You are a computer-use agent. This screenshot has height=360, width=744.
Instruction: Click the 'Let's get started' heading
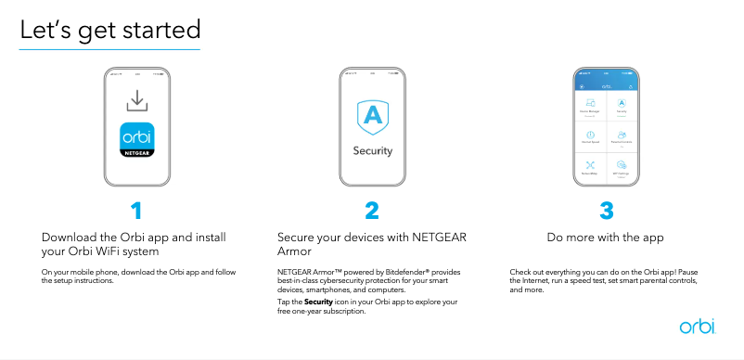[109, 31]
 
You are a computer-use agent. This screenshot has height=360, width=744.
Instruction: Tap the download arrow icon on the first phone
[137, 99]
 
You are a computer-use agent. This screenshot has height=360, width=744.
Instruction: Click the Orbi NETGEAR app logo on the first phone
[137, 140]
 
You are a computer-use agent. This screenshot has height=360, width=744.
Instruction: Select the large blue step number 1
[137, 211]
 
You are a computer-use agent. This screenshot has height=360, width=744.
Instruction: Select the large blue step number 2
[372, 211]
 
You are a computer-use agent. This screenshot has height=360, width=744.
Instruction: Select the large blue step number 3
[607, 211]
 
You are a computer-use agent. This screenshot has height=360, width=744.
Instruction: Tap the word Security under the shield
[372, 150]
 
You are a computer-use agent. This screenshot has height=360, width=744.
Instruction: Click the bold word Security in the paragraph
[319, 302]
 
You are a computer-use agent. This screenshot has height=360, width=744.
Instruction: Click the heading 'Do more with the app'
[606, 238]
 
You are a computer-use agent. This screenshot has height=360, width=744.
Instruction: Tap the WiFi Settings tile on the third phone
[622, 167]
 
